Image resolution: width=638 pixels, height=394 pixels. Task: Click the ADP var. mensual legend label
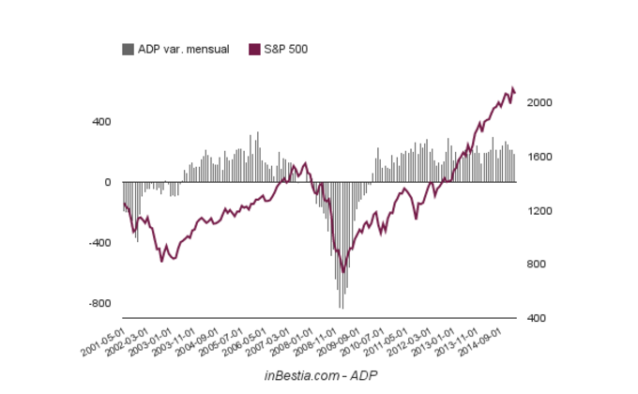pos(184,49)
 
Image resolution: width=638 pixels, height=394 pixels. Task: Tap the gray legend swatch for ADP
pos(128,49)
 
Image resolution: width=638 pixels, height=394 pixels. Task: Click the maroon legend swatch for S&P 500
pos(254,49)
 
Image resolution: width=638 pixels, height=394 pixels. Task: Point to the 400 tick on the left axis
pos(101,122)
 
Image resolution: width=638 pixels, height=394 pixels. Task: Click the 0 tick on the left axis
pos(107,182)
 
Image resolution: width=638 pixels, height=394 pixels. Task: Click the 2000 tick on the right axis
pos(538,103)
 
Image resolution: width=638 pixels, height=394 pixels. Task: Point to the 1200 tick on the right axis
pos(538,211)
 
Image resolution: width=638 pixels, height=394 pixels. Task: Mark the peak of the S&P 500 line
pos(512,87)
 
